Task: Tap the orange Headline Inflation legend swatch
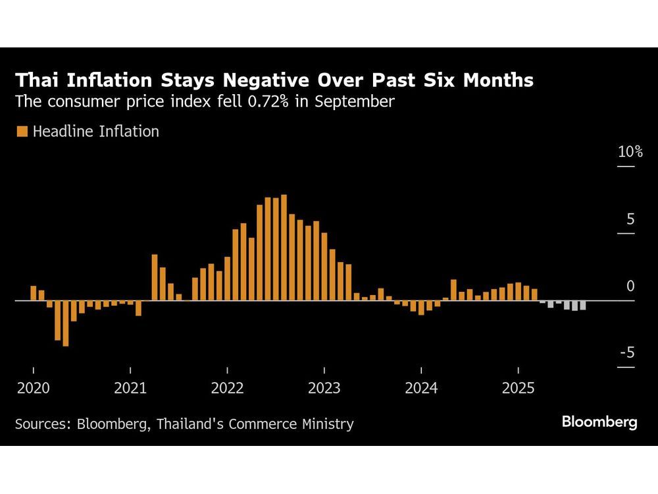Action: pos(22,132)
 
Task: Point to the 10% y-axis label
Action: pos(630,152)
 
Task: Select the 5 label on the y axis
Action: pos(630,219)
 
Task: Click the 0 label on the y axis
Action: pos(630,287)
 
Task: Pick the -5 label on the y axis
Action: pos(626,353)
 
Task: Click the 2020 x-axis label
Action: pos(33,389)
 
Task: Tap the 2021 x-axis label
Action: pos(130,389)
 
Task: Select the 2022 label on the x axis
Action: pos(227,389)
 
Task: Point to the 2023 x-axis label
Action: pos(324,389)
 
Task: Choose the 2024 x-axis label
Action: pos(421,389)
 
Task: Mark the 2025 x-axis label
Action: pos(518,389)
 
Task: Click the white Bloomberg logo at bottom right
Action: pos(599,422)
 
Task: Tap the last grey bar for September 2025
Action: pos(582,306)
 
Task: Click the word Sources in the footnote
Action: pos(42,424)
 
